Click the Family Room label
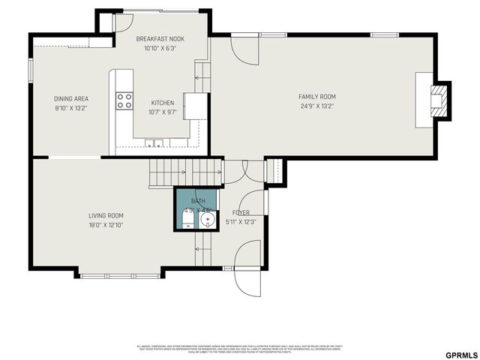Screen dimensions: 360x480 (x=316, y=97)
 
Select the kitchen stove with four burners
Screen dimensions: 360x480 (x=124, y=100)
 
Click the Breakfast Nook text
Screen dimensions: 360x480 (x=160, y=39)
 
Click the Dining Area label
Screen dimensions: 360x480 (x=71, y=98)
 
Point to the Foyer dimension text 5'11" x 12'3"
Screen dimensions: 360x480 (x=241, y=222)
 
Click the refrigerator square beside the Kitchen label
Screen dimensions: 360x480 (x=195, y=106)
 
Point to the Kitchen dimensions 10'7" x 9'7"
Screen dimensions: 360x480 (x=162, y=112)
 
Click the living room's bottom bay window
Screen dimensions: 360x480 (x=120, y=275)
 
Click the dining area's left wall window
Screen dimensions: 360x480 (x=31, y=69)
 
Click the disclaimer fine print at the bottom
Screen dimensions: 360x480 (x=240, y=349)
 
